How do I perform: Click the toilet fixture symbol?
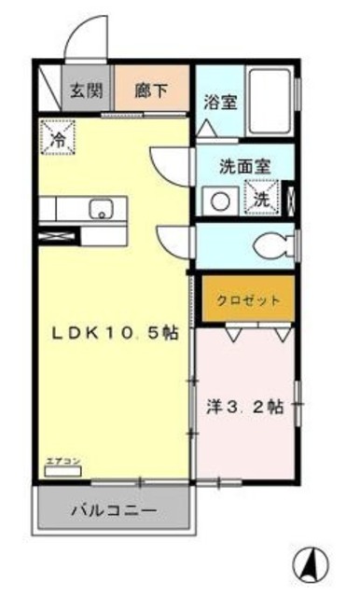point(271,245)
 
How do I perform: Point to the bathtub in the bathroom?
point(273,101)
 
